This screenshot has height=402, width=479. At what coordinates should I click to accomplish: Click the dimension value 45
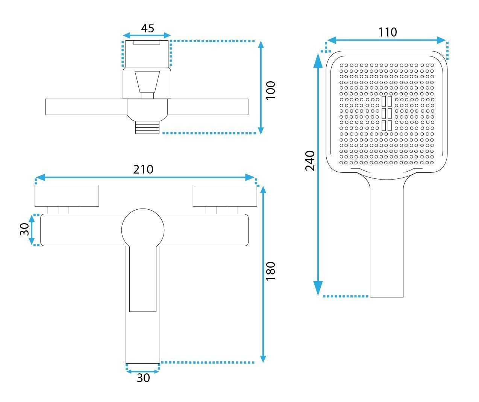147,28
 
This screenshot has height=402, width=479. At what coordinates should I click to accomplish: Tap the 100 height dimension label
270,90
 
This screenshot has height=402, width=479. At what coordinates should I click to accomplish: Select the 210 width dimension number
143,169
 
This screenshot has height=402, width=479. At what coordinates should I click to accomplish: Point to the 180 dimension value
270,271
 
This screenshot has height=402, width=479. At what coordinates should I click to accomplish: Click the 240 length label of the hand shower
310,161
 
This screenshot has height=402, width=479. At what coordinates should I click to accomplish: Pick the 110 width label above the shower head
388,32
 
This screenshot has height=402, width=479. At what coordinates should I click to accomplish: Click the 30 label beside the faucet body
24,229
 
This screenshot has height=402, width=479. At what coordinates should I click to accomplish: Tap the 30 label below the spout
143,378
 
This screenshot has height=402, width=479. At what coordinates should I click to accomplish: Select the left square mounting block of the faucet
67,195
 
